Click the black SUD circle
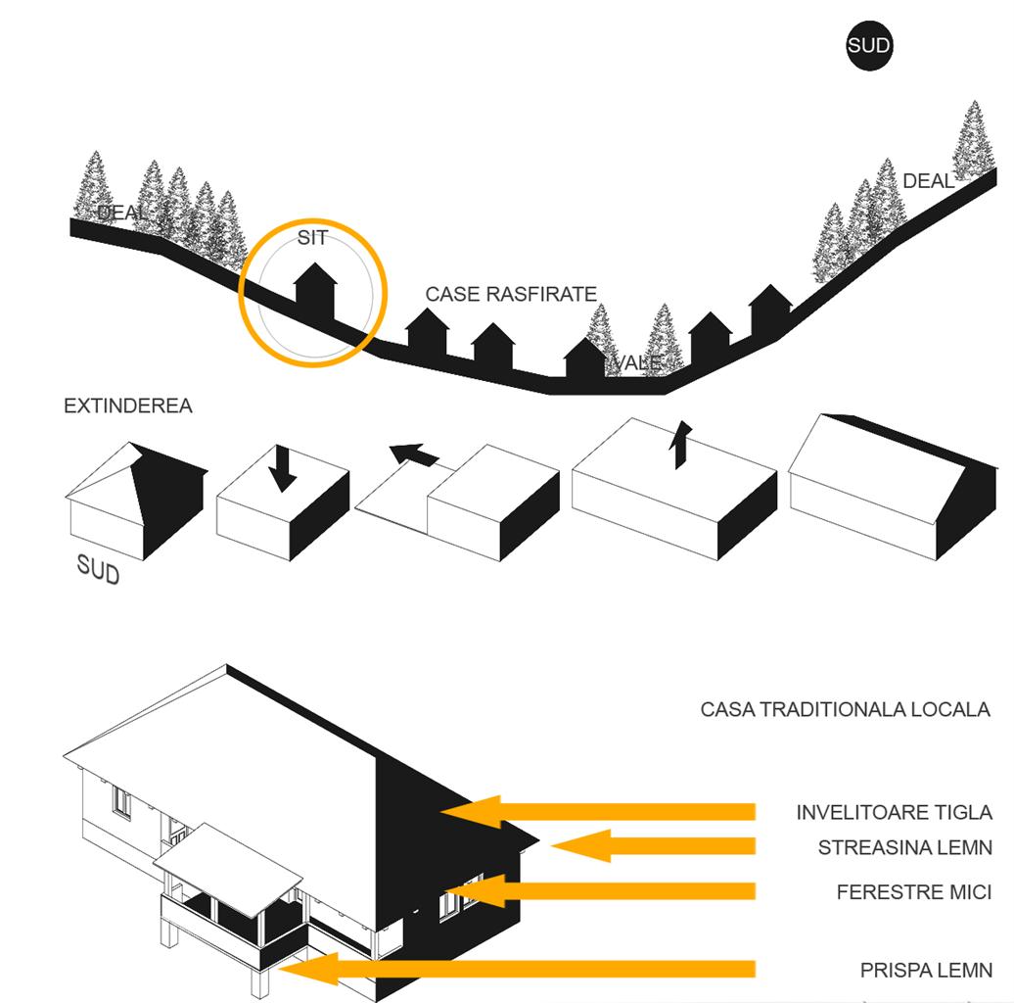(869, 47)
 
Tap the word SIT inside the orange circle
(312, 238)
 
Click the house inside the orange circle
(315, 291)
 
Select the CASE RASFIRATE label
(511, 294)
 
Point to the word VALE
(637, 363)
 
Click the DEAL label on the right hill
(928, 181)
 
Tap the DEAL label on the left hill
(122, 213)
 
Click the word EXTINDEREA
(127, 406)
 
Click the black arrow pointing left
(414, 454)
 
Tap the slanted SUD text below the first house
(98, 569)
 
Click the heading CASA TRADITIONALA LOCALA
(845, 709)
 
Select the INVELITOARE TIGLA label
(894, 812)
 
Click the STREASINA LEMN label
(904, 847)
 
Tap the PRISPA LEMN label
(926, 971)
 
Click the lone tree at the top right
(973, 140)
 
